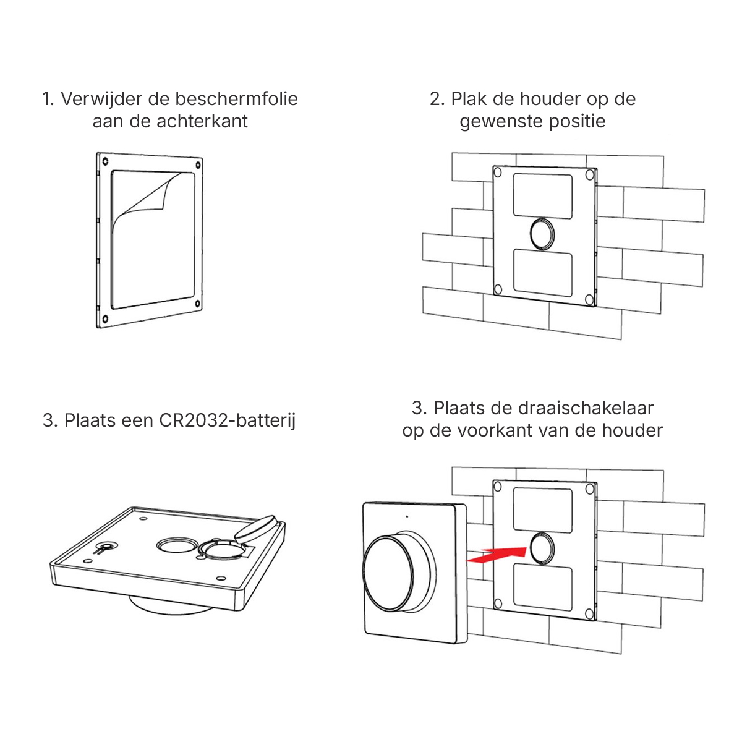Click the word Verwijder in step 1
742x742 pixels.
pyautogui.click(x=101, y=99)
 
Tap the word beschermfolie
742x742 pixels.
pyautogui.click(x=236, y=99)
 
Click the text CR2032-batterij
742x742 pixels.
pyautogui.click(x=227, y=420)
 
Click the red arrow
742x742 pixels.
pyautogui.click(x=496, y=555)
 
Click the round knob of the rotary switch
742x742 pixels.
pyautogui.click(x=389, y=571)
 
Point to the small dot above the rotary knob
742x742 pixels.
pyautogui.click(x=407, y=516)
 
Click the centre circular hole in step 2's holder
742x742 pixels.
pyautogui.click(x=542, y=234)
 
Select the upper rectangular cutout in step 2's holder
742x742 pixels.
pyautogui.click(x=542, y=195)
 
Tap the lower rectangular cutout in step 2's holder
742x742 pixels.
pyautogui.click(x=542, y=273)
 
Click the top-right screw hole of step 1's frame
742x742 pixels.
pyautogui.click(x=198, y=165)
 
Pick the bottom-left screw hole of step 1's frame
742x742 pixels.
pyautogui.click(x=105, y=318)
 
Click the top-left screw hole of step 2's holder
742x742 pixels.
pyautogui.click(x=498, y=173)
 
